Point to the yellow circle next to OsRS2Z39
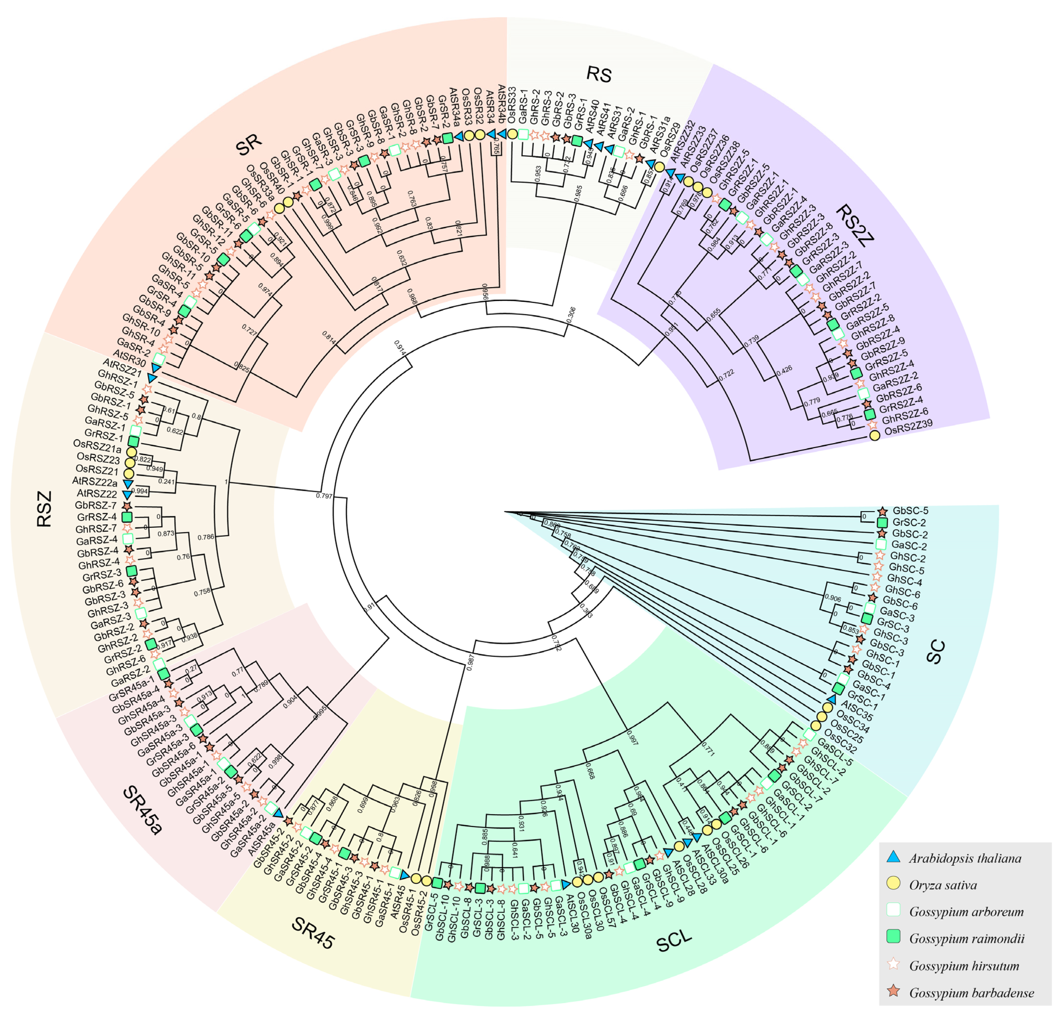coord(875,435)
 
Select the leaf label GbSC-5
coord(911,510)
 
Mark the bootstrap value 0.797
coord(324,495)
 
